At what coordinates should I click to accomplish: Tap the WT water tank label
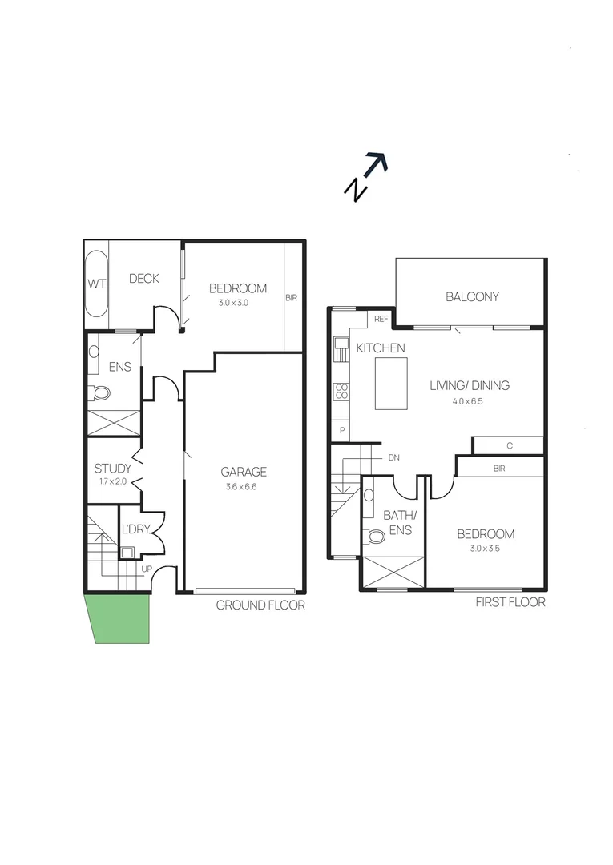[x=96, y=283]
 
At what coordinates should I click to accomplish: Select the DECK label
[x=144, y=279]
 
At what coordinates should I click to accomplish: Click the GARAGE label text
[x=244, y=472]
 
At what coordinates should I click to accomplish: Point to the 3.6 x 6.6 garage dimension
[x=244, y=486]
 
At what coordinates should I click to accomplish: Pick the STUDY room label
[x=113, y=469]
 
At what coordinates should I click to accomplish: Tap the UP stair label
[x=147, y=569]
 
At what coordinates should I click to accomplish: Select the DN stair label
[x=393, y=457]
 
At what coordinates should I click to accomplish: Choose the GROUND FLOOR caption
[x=260, y=605]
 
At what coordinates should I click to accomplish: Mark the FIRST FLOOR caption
[x=510, y=602]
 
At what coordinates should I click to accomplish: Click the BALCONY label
[x=472, y=296]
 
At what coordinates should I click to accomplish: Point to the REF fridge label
[x=381, y=319]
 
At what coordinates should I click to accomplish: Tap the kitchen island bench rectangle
[x=391, y=384]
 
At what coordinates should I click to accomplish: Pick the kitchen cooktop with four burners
[x=341, y=391]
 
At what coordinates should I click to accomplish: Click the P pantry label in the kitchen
[x=342, y=430]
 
